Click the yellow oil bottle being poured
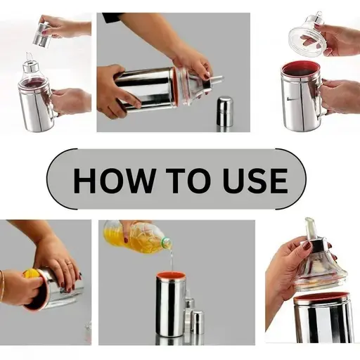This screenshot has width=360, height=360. coord(138,237)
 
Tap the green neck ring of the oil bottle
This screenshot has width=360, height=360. coord(166,241)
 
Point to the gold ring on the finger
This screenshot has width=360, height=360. coord(69,263)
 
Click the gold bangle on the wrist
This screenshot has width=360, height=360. coord(2,286)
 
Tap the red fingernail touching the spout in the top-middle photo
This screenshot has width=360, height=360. coord(207,76)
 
